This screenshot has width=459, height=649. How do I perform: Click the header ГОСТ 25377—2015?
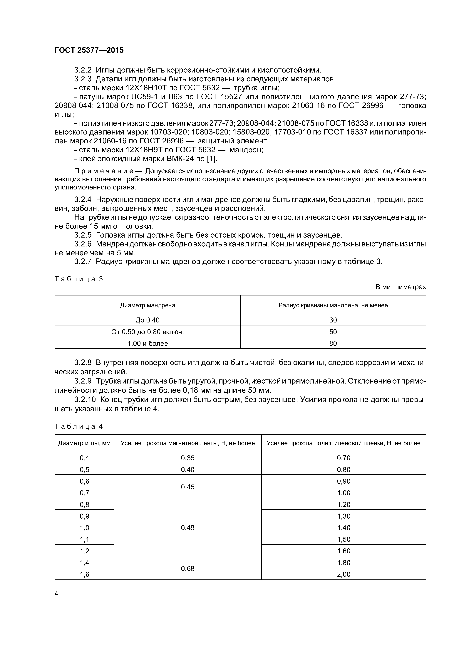coord(89,50)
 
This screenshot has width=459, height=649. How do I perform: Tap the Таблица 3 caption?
coord(79,279)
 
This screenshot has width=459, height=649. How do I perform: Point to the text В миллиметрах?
coord(401,287)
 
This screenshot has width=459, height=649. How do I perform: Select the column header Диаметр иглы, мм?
coord(84,443)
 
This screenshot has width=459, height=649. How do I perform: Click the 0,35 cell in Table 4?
coord(187,458)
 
